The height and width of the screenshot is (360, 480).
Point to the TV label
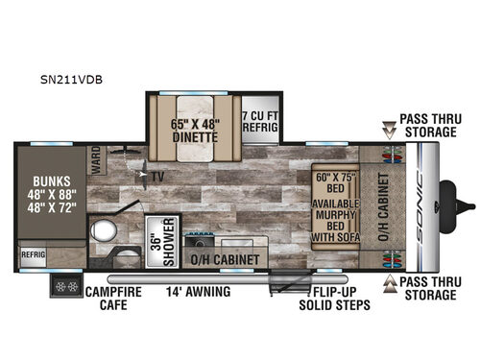[x=155, y=178]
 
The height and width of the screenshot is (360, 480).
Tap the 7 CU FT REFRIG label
[x=258, y=116]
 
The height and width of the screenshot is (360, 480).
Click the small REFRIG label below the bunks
[x=33, y=255]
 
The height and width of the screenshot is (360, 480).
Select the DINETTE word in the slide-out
[x=195, y=136]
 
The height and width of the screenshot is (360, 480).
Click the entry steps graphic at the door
[x=284, y=282]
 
